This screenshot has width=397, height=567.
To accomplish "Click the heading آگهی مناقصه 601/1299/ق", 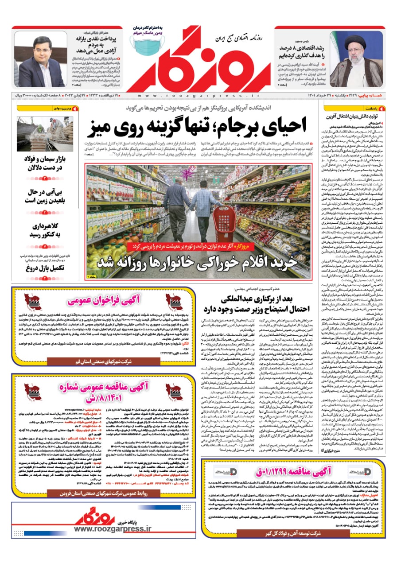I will [x=292, y=472].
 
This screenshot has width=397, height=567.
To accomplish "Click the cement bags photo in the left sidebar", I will [x=45, y=134].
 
